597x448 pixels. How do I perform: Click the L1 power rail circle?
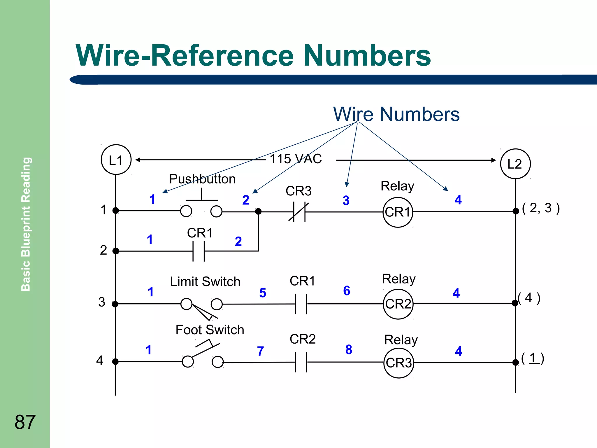point(116,160)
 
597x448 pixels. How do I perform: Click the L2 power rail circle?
point(515,164)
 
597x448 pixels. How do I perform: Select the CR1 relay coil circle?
point(398,212)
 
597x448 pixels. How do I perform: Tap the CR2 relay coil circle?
point(398,304)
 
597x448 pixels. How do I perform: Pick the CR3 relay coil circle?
point(398,363)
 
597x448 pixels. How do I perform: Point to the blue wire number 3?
point(346,200)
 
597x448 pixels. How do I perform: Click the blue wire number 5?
point(263,293)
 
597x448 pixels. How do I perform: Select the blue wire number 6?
point(347,290)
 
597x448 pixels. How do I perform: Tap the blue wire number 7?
point(261,351)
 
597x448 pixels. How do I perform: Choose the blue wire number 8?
point(349,349)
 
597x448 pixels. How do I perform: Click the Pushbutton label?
point(202,179)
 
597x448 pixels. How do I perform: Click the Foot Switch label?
point(210,330)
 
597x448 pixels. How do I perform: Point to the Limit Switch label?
point(205,282)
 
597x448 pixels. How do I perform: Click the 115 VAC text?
point(296,159)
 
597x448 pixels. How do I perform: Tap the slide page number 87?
point(25,422)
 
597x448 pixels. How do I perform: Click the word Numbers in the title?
point(367,55)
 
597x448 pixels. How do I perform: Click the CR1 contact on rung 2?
point(199,251)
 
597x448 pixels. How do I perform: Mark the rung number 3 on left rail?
point(102,302)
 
